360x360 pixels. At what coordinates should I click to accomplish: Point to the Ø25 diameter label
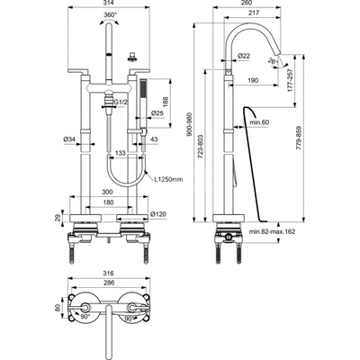point(157,113)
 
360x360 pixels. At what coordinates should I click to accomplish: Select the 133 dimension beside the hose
point(121,154)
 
